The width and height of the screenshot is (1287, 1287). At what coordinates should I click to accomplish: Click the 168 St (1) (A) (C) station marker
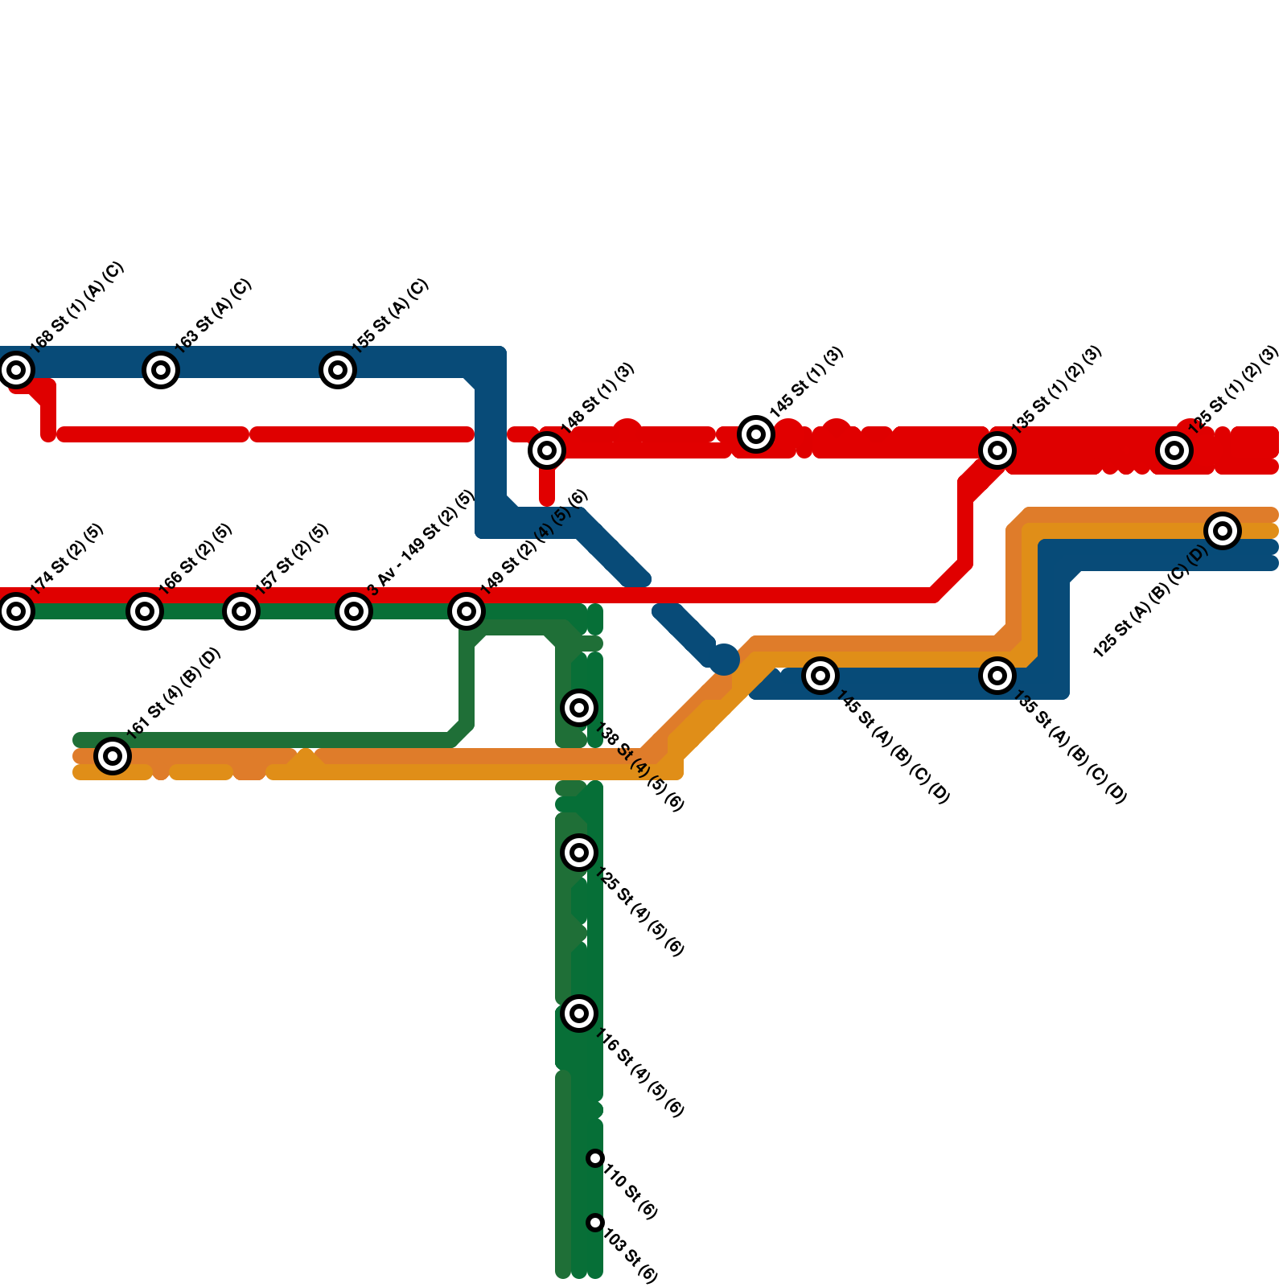16,370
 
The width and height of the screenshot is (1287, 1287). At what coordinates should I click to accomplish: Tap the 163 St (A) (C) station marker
161,370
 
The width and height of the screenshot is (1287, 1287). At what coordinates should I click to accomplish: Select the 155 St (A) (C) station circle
338,370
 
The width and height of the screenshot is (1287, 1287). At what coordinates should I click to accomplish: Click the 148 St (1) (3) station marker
547,450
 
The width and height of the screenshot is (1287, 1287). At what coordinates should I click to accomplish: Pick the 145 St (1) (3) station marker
756,434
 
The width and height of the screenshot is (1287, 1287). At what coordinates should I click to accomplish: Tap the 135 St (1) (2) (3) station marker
997,450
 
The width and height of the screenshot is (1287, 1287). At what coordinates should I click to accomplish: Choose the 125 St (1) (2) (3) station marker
1174,450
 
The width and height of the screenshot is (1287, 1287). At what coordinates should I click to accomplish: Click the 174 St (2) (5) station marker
16,611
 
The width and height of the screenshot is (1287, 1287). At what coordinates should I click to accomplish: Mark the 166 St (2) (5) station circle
145,611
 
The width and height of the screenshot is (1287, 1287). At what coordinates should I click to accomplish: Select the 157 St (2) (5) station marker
241,611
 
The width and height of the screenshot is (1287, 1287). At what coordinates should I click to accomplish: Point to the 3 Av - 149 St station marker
354,611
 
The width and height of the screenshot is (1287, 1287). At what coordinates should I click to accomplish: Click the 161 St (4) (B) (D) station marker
113,756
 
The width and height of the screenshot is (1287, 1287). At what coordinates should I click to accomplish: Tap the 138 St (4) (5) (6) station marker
579,708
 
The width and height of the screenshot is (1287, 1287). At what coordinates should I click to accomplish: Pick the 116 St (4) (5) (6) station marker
579,1014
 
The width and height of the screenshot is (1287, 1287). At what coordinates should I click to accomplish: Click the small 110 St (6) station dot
595,1158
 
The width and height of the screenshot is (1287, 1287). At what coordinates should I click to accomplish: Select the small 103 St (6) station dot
595,1223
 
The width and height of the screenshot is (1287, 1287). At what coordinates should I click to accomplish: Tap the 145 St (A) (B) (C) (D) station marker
820,676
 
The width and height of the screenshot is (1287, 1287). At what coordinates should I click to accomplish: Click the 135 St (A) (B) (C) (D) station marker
997,676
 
